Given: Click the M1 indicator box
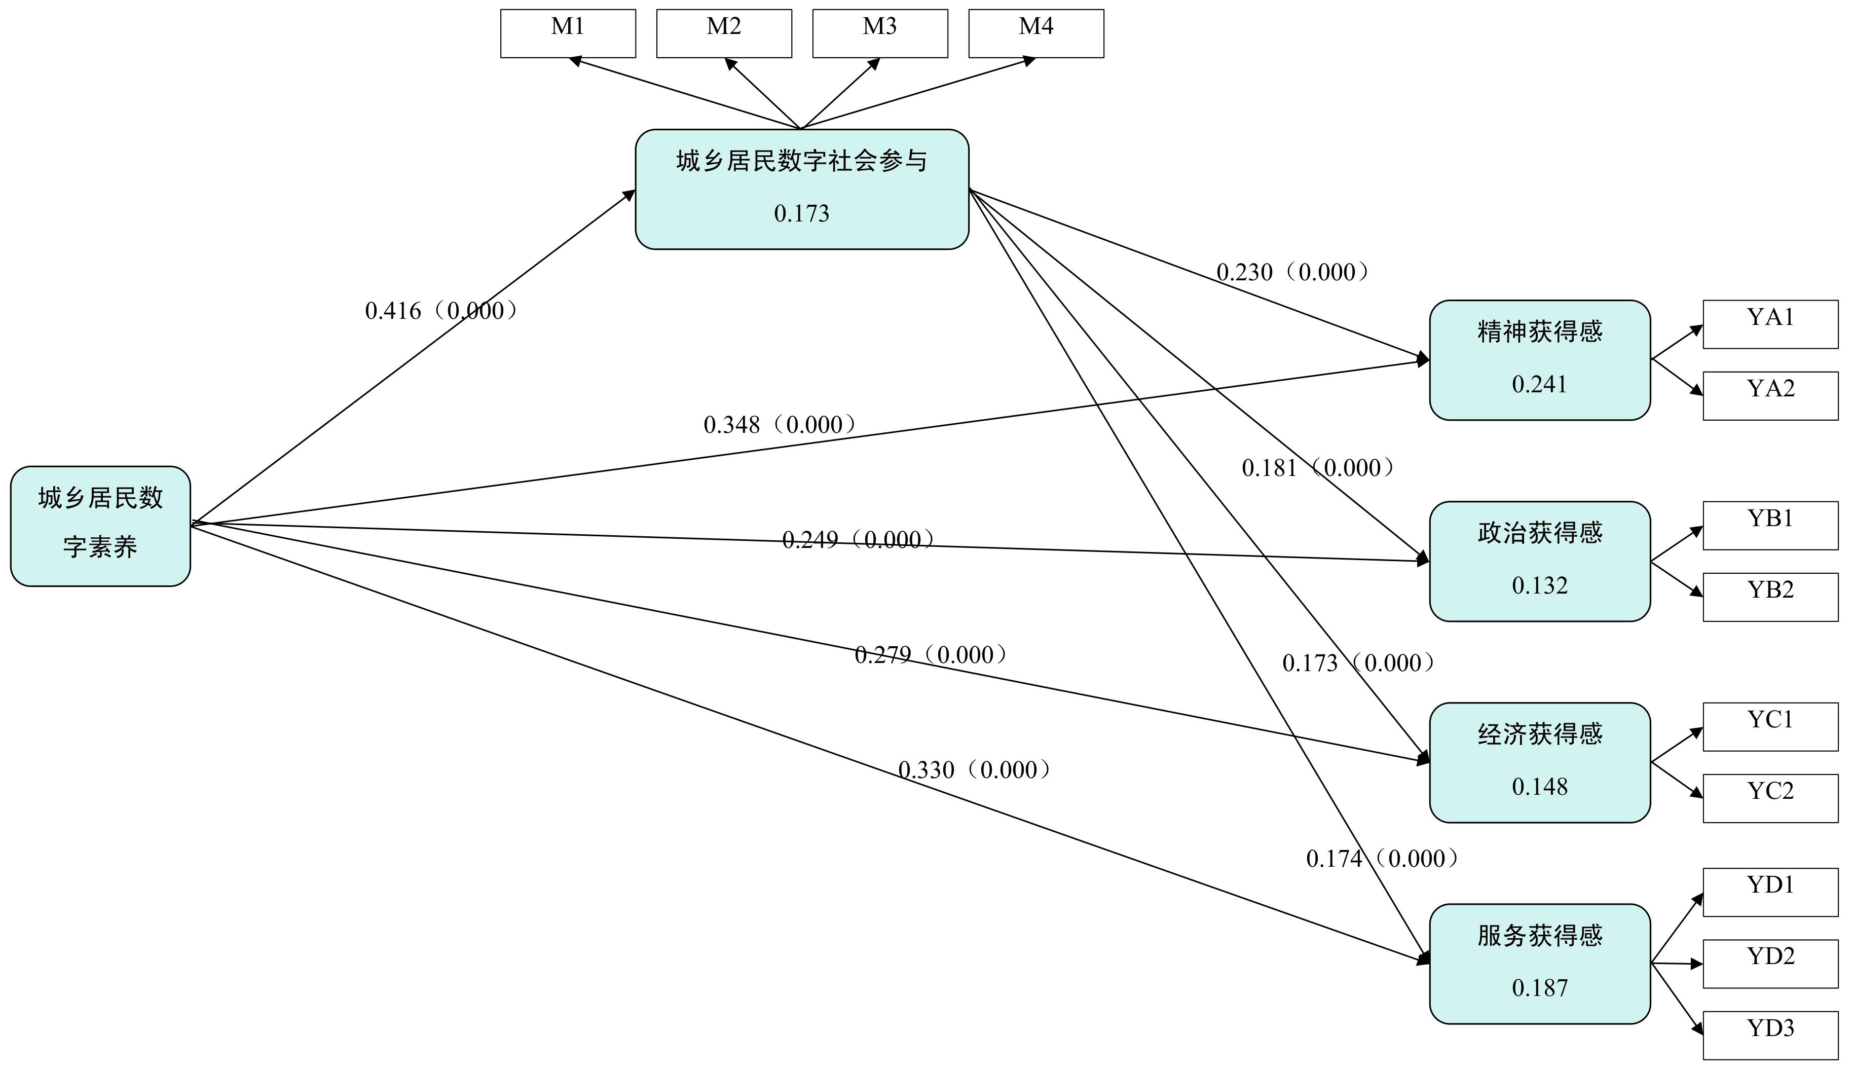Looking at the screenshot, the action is [568, 33].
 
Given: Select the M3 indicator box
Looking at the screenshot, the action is [880, 33].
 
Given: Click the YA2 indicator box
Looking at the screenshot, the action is [1770, 396].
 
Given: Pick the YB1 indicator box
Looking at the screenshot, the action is [1770, 526].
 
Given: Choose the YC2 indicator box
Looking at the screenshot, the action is [1770, 798].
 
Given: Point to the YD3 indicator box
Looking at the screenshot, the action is [1770, 1036].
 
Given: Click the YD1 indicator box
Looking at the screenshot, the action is [1770, 892].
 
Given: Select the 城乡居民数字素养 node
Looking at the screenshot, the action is [101, 526].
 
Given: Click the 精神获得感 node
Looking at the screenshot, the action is [1540, 360].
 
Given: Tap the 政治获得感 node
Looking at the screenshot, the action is [1540, 562].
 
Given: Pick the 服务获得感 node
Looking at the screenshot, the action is [1540, 964].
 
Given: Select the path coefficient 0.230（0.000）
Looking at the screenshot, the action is [1293, 273].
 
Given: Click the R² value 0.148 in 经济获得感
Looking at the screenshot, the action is [1540, 787].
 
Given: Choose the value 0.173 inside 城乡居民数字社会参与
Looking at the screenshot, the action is [801, 214].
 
